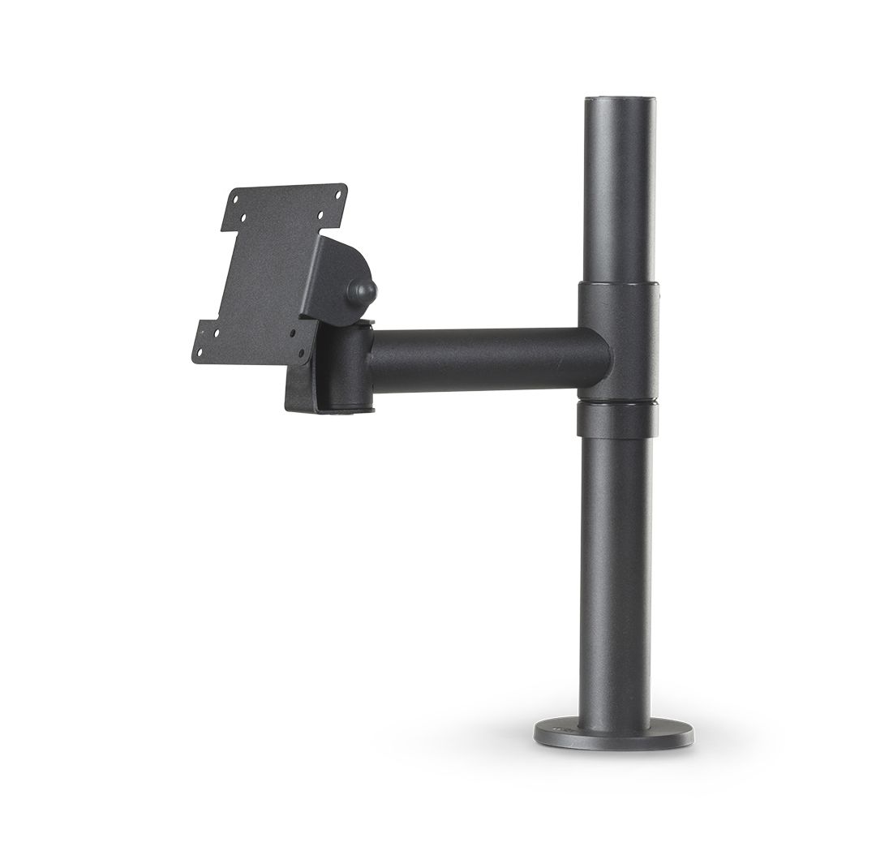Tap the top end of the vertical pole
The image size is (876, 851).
619,102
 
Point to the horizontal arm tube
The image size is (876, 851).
487,359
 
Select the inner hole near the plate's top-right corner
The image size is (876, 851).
321,215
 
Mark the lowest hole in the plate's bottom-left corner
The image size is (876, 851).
200,351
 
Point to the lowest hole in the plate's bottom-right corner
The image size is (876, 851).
301,354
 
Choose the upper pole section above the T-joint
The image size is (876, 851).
619,195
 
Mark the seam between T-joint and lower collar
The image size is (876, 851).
617,400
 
